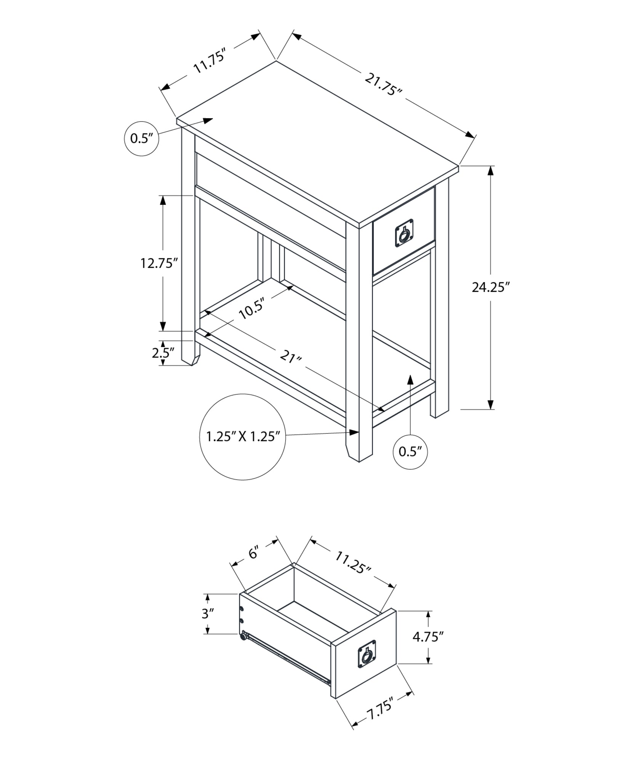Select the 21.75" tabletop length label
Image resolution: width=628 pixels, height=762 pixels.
[383, 85]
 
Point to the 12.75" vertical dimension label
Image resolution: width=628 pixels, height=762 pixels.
[159, 263]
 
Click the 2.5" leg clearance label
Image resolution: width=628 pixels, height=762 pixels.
[163, 352]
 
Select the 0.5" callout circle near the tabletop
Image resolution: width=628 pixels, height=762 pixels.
[141, 138]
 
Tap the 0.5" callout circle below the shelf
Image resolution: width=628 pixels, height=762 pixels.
[410, 452]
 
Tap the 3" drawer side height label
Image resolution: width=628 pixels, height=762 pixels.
[208, 613]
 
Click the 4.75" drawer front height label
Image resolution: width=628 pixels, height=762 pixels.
[428, 637]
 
